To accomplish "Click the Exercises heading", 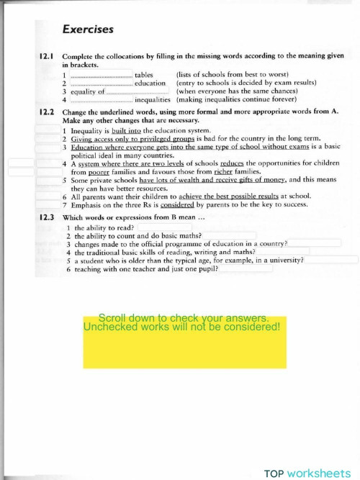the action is click(88, 30).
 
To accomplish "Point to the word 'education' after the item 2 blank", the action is click(150, 83).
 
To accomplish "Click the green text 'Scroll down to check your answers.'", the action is click(184, 317).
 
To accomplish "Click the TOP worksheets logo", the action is click(310, 473).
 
